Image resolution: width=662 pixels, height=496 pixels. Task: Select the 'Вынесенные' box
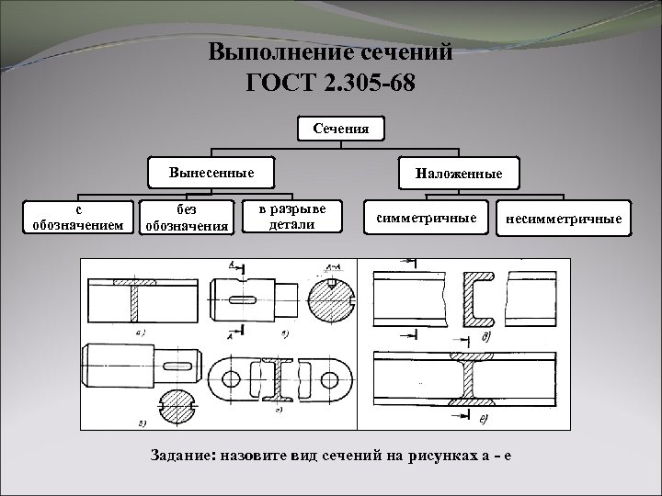point(211,172)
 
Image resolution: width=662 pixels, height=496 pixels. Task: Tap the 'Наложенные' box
point(457,173)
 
